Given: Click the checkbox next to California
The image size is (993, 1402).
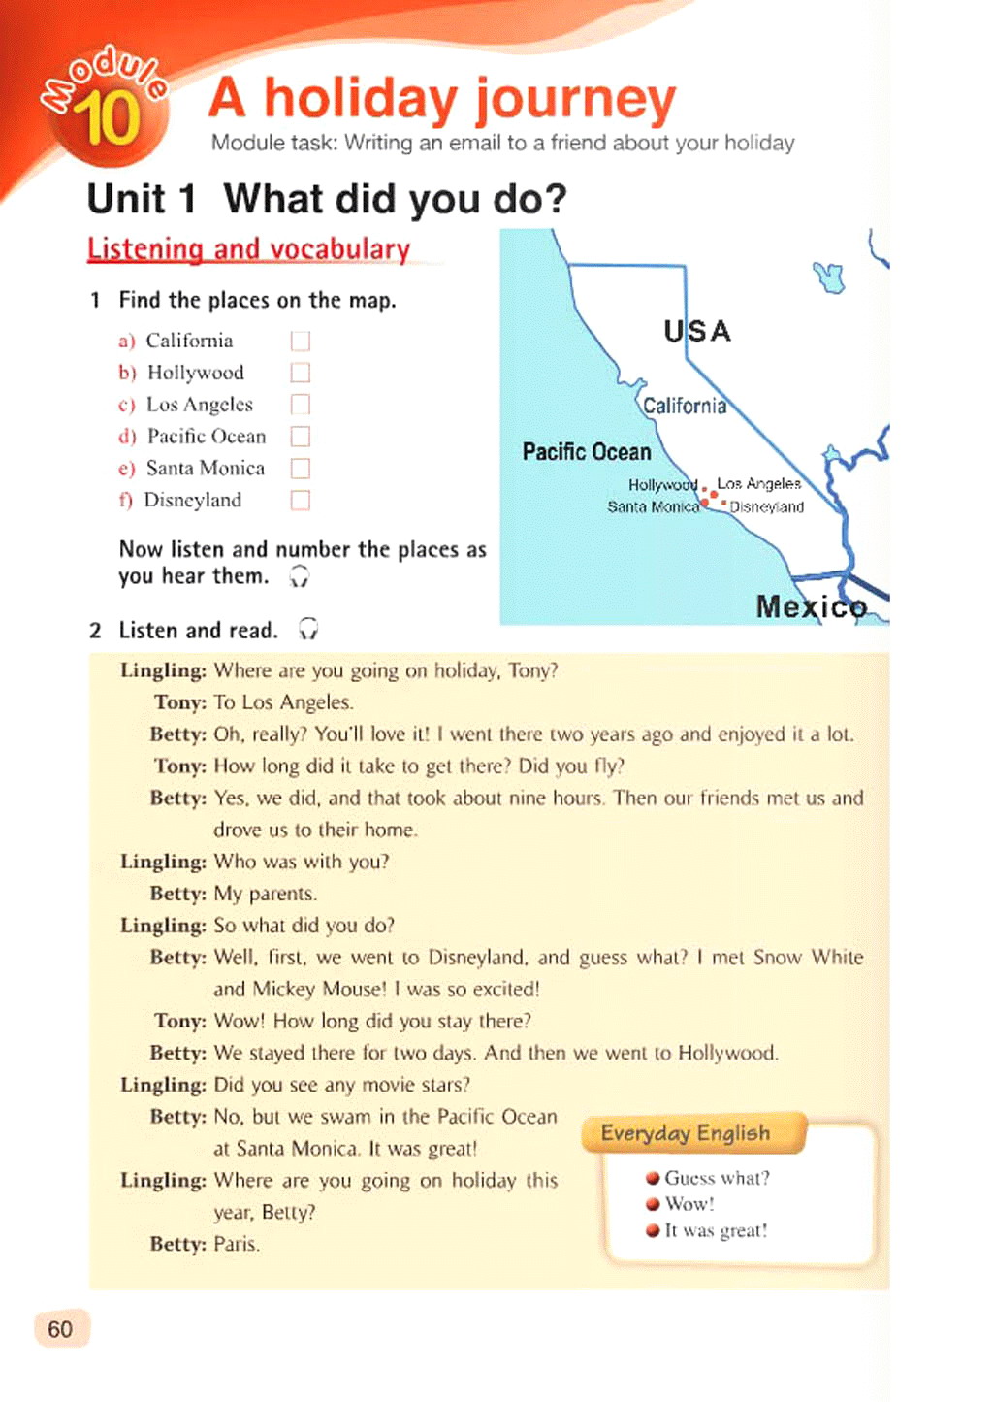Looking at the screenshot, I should tap(301, 341).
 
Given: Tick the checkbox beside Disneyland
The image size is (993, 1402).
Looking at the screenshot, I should tap(301, 500).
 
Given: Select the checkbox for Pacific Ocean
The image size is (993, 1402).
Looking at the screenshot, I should tap(301, 436).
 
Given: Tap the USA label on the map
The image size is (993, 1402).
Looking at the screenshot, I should tap(697, 332).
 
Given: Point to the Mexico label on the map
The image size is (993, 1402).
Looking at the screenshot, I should tap(812, 607).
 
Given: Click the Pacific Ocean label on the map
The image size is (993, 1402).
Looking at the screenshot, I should tap(587, 452).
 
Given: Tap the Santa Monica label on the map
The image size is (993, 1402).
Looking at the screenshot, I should tap(653, 506).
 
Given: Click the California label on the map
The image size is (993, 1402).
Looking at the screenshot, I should tap(685, 406).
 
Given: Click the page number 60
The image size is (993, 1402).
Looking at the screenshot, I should tap(60, 1329).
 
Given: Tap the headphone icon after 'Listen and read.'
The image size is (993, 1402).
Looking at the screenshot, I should tap(308, 630).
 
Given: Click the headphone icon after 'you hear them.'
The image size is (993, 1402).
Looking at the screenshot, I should tap(300, 576).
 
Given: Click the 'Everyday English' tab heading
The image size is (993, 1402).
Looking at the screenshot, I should tap(686, 1133).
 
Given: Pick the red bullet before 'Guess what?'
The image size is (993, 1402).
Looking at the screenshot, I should tap(653, 1179).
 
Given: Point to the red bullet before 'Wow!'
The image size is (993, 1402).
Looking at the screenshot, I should tap(653, 1205).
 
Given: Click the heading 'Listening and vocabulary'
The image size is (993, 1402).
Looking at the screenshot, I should tap(249, 249).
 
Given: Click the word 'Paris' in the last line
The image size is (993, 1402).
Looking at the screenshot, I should tap(236, 1244).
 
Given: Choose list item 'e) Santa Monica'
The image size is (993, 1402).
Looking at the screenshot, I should tap(205, 468).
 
